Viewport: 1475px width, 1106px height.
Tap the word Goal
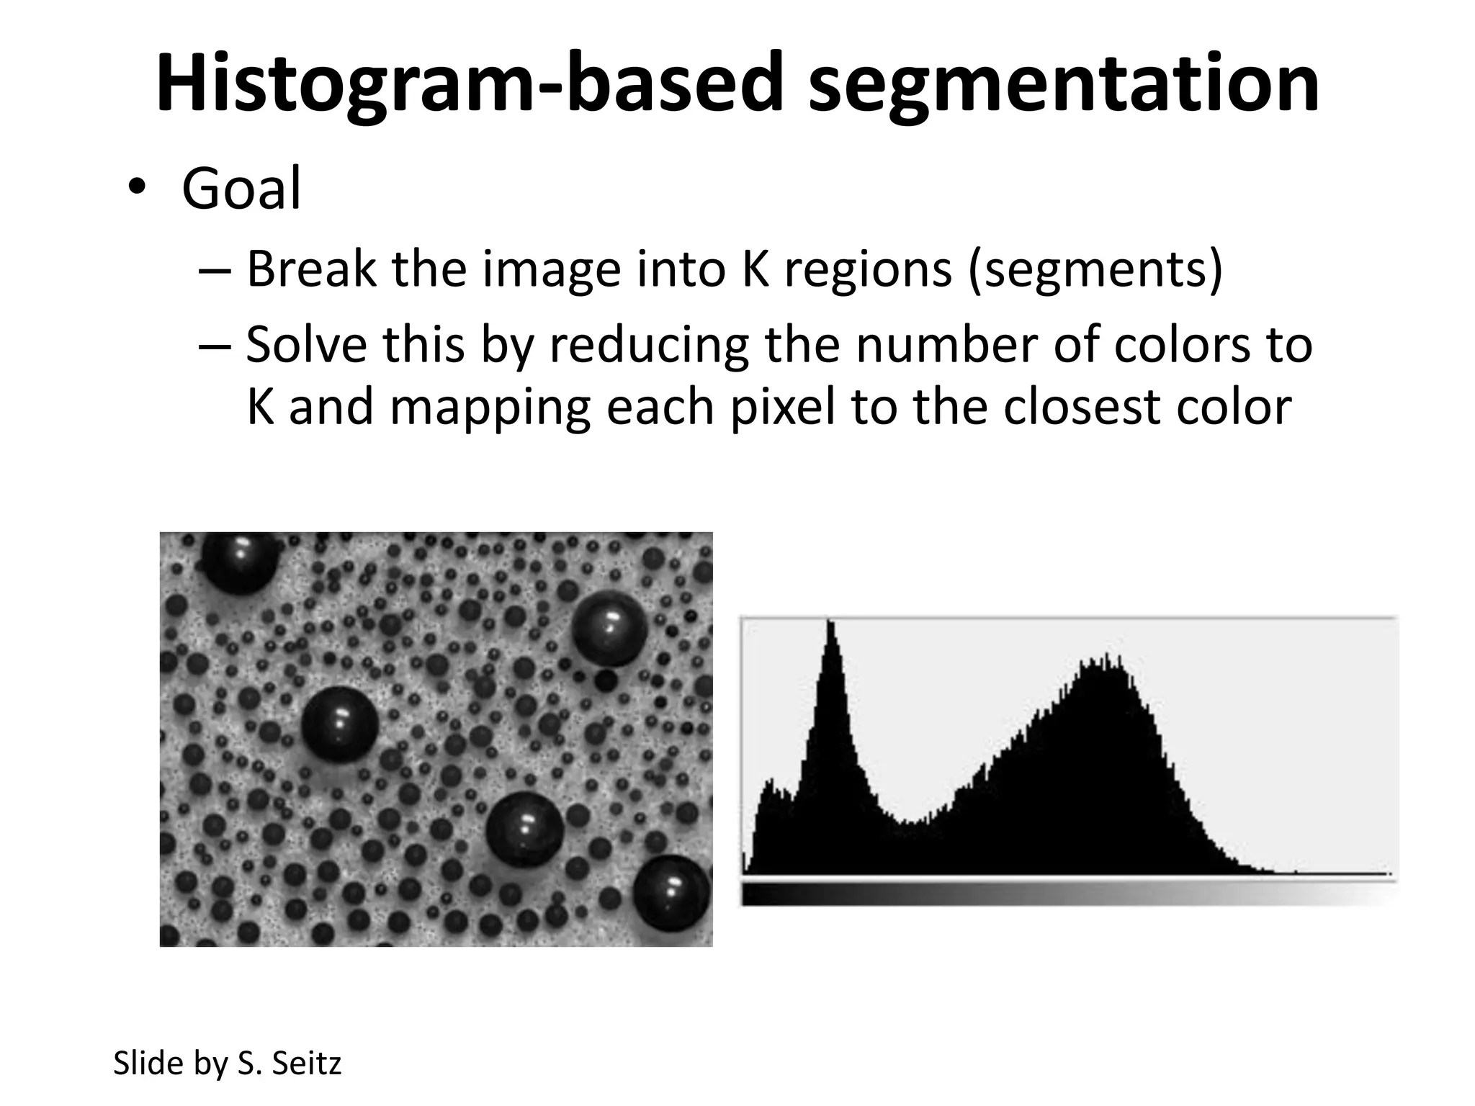coord(241,189)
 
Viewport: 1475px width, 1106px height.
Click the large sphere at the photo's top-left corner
coord(239,562)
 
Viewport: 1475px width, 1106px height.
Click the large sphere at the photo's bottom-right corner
coord(671,893)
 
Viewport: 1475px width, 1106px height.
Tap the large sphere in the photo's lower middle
coord(524,828)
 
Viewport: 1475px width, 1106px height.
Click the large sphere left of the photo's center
coord(339,724)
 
